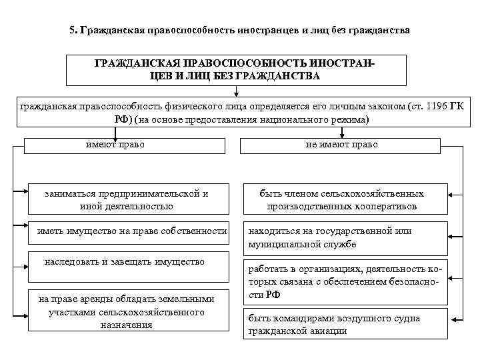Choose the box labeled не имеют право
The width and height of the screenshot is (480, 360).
tap(341, 145)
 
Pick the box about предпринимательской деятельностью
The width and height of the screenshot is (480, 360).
tap(127, 199)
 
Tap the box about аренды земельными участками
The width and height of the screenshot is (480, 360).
tap(127, 311)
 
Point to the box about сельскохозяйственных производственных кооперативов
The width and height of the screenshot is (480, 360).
tap(341, 199)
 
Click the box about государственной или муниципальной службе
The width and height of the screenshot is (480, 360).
tap(341, 237)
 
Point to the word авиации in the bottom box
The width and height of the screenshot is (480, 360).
tap(331, 331)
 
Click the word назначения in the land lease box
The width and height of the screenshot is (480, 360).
tap(127, 325)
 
